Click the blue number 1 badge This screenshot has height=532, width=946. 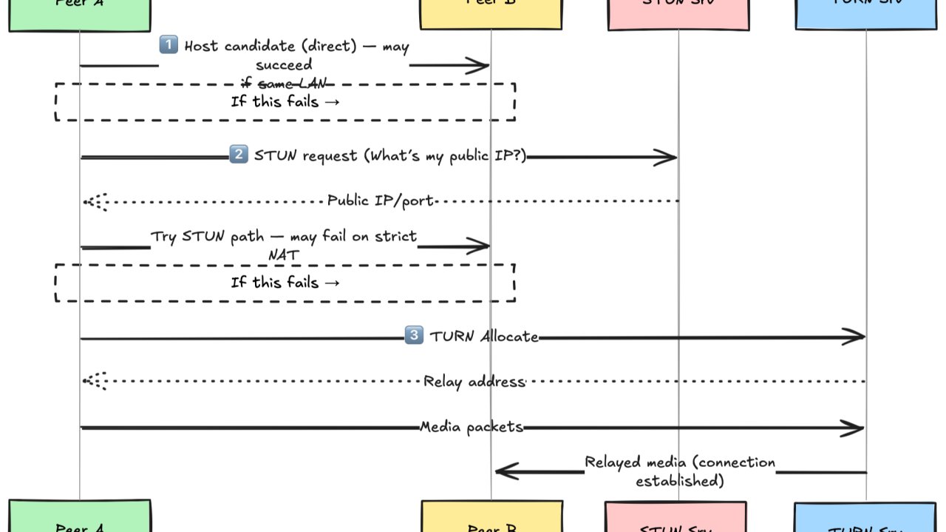[x=169, y=46]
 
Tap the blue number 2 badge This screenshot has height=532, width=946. [x=239, y=155]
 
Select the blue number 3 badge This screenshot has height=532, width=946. [x=415, y=336]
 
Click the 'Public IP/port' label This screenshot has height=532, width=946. [x=381, y=201]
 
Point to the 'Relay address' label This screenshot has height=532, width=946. [x=474, y=382]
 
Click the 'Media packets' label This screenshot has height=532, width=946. [x=472, y=427]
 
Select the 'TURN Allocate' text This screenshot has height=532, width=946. [x=484, y=337]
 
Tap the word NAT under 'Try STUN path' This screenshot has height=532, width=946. [x=284, y=254]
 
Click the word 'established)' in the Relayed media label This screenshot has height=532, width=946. [x=679, y=481]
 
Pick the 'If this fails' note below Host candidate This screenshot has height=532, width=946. [x=285, y=102]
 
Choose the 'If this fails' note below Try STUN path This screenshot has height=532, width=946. [x=285, y=283]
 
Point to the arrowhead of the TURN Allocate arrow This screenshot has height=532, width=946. [x=856, y=337]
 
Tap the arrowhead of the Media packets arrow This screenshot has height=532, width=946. [x=855, y=428]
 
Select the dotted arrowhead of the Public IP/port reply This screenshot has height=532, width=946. [x=94, y=201]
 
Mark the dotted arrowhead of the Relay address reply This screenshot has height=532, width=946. [x=94, y=381]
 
